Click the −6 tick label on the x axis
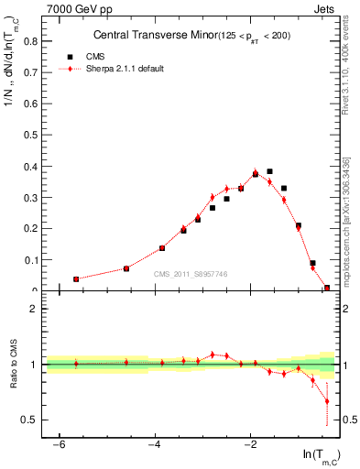(x=58, y=445)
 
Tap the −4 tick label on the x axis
(x=154, y=445)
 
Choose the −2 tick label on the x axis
(x=250, y=445)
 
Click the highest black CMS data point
(x=269, y=171)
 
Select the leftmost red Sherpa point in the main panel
(x=76, y=278)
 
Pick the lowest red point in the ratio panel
(x=327, y=401)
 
